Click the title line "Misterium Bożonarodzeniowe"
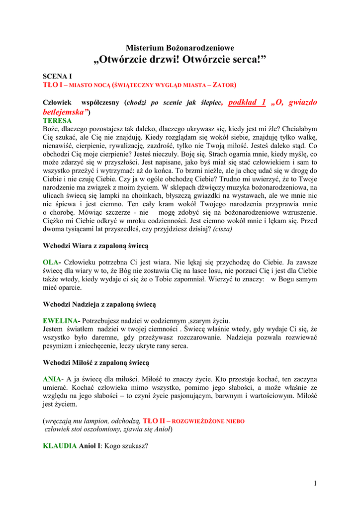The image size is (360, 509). pyautogui.click(x=180, y=48)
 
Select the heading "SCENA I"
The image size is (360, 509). pyautogui.click(x=57, y=77)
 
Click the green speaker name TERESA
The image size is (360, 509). pyautogui.click(x=57, y=121)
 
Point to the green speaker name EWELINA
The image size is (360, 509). pyautogui.click(x=61, y=321)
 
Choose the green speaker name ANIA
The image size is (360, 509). pyautogui.click(x=53, y=379)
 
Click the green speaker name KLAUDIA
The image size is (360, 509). pyautogui.click(x=60, y=446)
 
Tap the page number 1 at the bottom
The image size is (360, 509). pyautogui.click(x=315, y=483)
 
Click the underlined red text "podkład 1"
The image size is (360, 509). pyautogui.click(x=247, y=102)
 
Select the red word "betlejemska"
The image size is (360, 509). pyautogui.click(x=65, y=112)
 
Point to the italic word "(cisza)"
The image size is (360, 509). pyautogui.click(x=222, y=229)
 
